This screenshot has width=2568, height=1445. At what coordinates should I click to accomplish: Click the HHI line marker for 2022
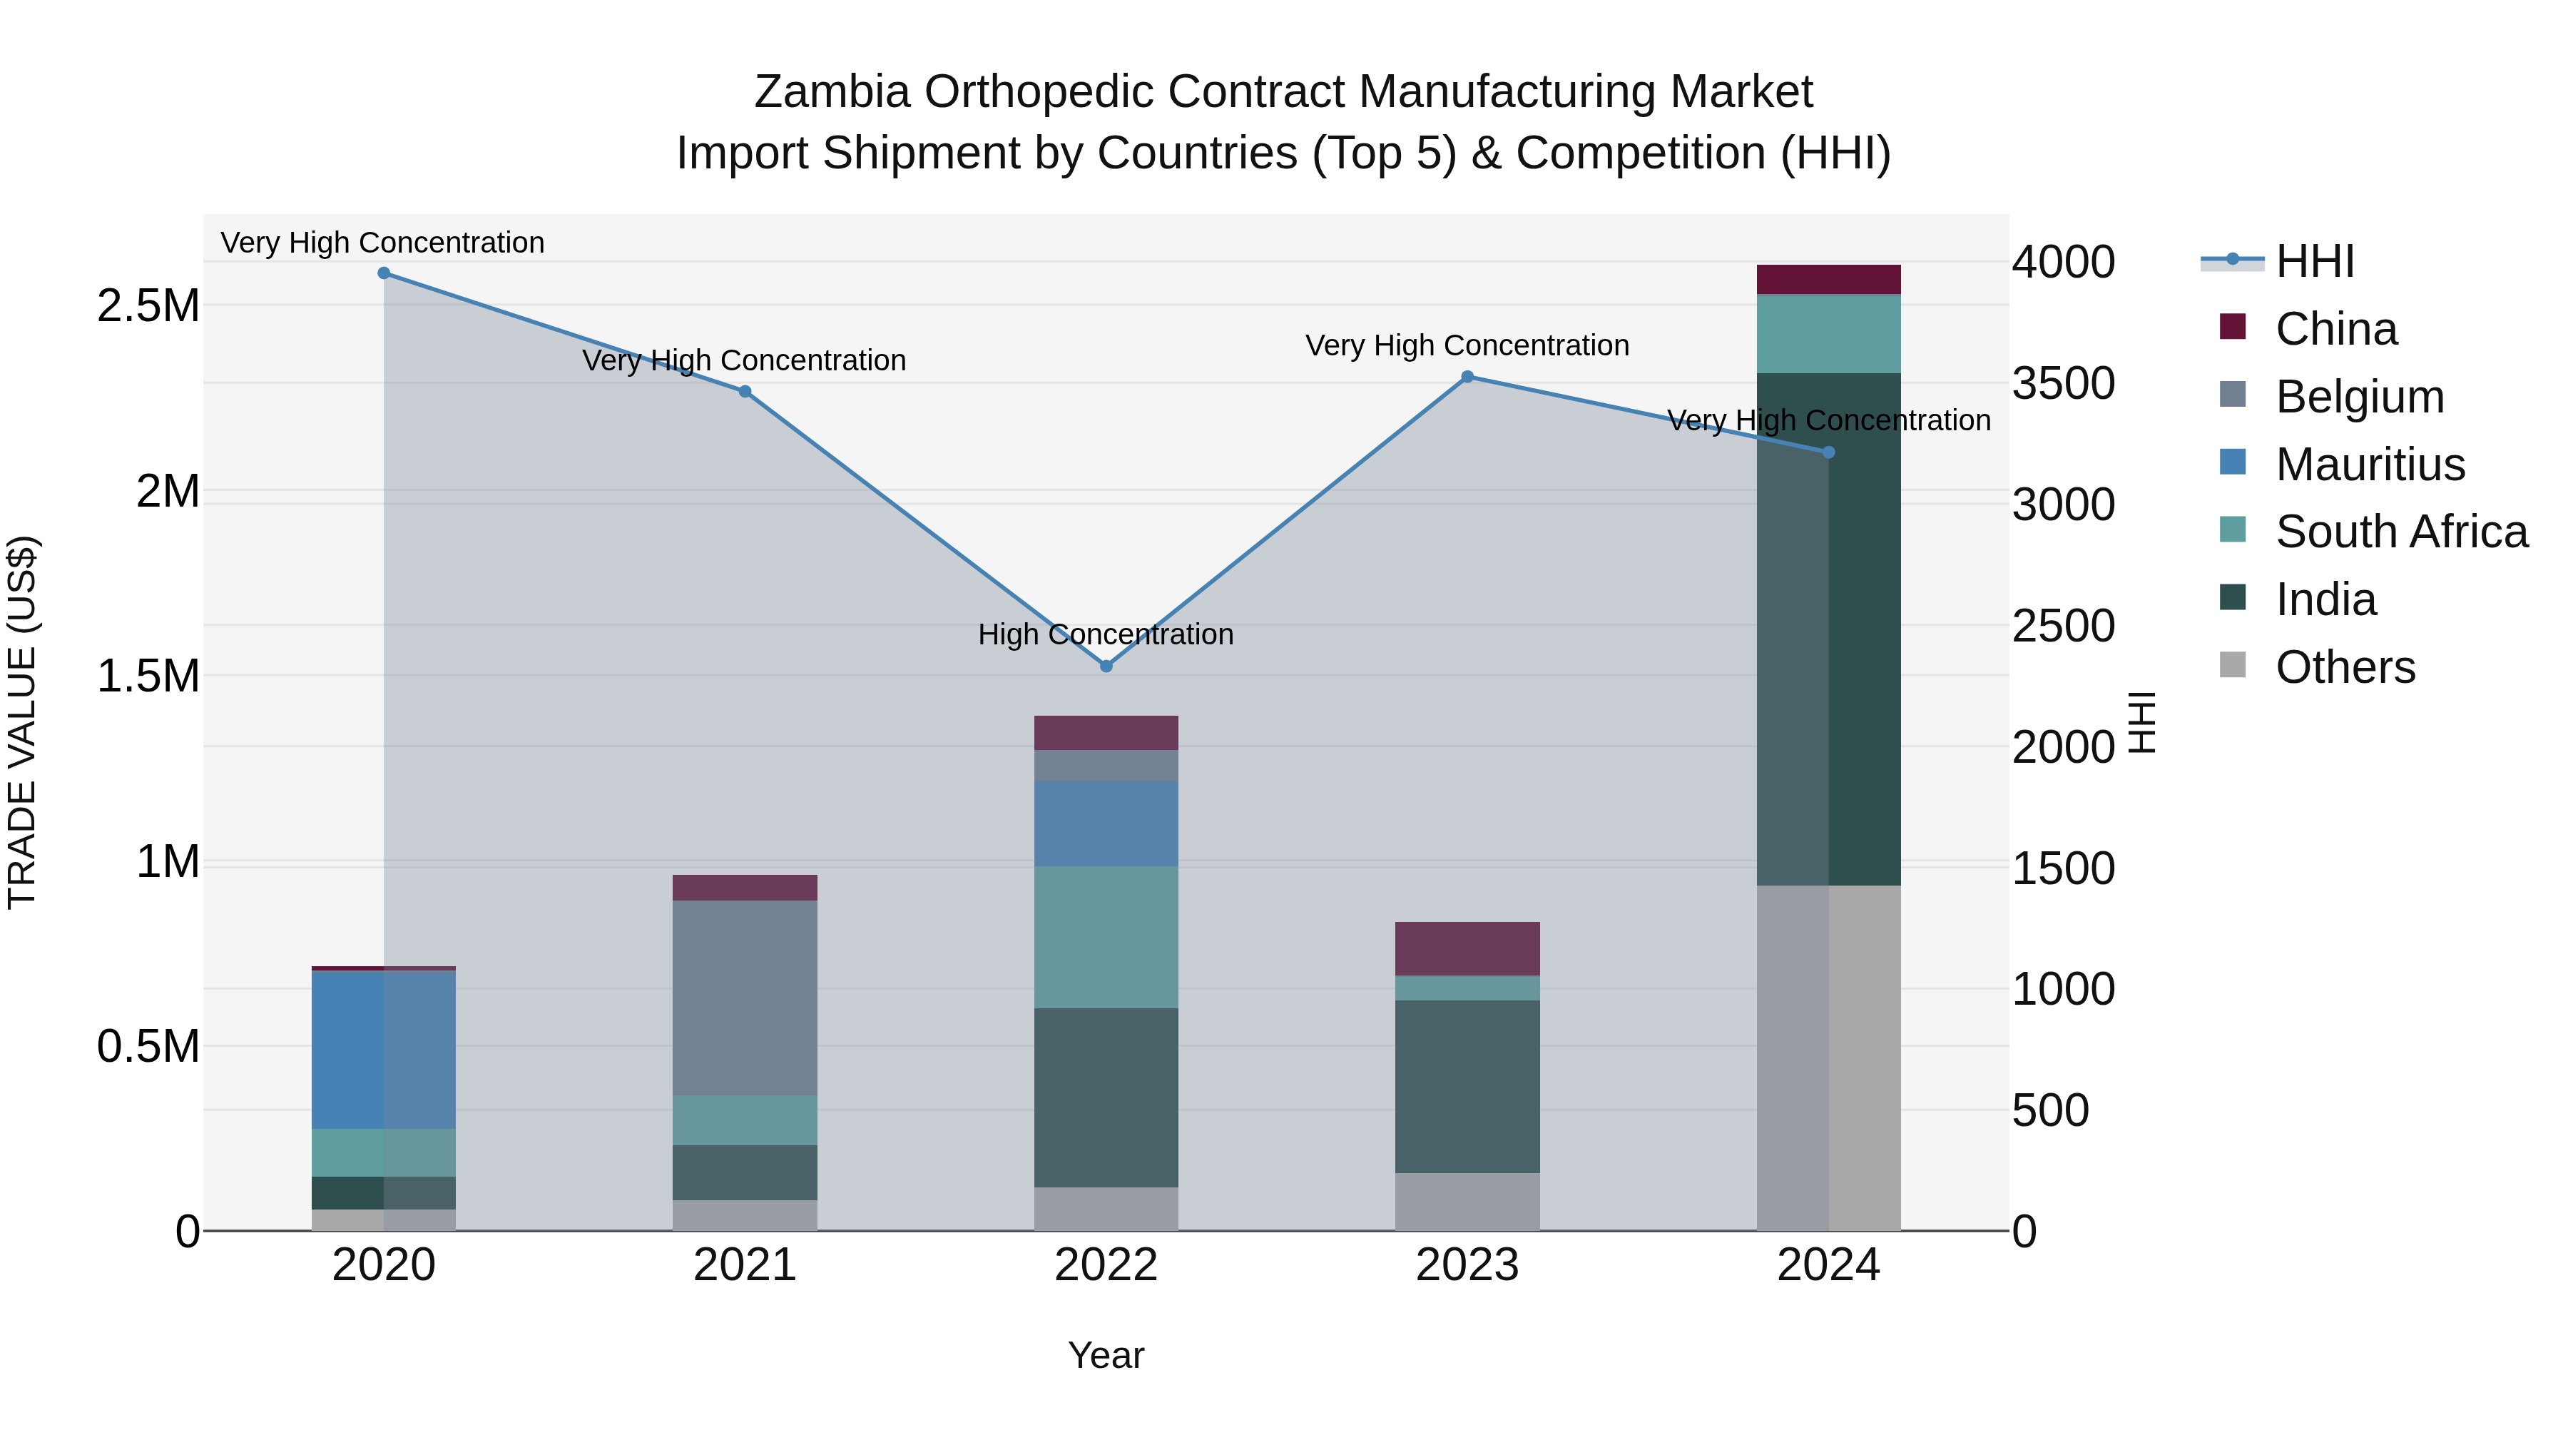(1106, 666)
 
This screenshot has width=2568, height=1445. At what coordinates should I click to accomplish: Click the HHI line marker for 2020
(384, 273)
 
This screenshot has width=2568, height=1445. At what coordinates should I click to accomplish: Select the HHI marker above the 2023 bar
(1467, 377)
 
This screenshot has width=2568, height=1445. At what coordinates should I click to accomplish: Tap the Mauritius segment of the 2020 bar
(384, 1049)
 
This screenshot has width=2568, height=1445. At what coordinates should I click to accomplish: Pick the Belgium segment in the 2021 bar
(745, 998)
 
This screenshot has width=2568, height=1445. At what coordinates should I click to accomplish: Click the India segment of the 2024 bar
(1828, 628)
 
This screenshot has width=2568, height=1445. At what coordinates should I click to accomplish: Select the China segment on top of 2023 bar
(1467, 948)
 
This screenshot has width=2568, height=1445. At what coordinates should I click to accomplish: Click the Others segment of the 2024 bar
(1828, 1057)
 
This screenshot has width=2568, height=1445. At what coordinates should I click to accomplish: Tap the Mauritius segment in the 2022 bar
(1106, 823)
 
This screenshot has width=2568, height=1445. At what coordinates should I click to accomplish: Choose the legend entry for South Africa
(2400, 532)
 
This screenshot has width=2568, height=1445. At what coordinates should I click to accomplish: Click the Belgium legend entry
(2359, 397)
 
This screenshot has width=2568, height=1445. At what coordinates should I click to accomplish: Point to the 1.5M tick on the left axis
(148, 676)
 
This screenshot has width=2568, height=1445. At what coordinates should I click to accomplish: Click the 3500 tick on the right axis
(2062, 383)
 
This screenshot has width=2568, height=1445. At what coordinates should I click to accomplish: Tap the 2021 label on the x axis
(745, 1265)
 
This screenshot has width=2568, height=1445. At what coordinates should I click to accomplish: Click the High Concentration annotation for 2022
(1106, 634)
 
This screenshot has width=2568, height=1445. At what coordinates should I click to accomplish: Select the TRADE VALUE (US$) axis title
(22, 722)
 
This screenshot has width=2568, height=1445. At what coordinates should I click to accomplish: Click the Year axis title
(1106, 1355)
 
